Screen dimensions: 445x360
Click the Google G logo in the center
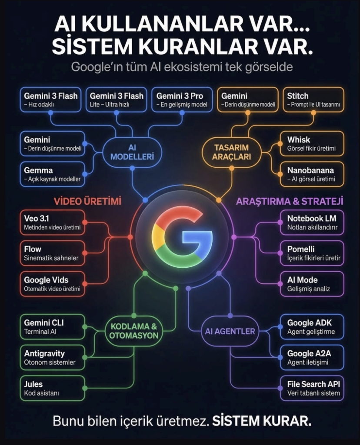[x=182, y=237]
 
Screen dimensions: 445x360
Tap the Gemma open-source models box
[x=52, y=174]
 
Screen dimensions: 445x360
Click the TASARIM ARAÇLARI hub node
[x=232, y=152]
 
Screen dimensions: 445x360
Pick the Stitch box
[x=312, y=100]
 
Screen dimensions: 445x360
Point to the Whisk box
[x=312, y=144]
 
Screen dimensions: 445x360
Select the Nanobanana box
[x=312, y=174]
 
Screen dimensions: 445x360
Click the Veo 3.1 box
[x=52, y=222]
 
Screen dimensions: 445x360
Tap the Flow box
[x=52, y=253]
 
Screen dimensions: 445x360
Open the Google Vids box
[x=52, y=284]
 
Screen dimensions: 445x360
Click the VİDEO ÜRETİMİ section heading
[x=87, y=201]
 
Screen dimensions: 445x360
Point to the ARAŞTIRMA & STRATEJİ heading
[x=290, y=201]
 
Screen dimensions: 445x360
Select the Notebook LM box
[x=312, y=222]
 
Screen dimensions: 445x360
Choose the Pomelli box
[x=312, y=253]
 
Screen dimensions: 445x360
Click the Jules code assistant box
[x=52, y=388]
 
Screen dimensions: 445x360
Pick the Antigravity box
[x=52, y=358]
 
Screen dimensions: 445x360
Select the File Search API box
[x=312, y=388]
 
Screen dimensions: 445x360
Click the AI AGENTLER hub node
[x=230, y=331]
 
